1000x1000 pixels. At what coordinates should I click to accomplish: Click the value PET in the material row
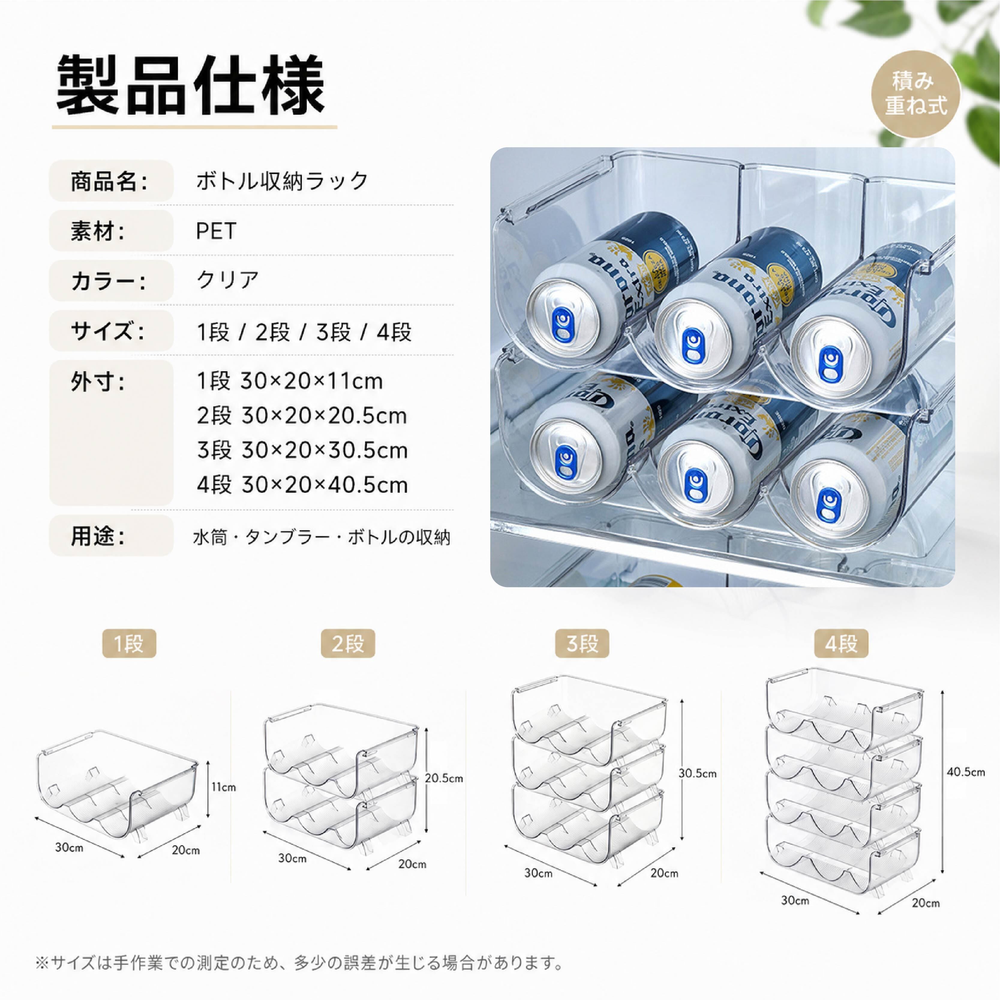[216, 231]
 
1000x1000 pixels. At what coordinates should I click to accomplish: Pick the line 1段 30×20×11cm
[290, 382]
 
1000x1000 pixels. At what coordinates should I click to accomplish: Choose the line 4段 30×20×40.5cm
[302, 485]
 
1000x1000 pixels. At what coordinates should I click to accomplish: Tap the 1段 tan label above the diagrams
[129, 644]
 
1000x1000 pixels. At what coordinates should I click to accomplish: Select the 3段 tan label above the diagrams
[582, 644]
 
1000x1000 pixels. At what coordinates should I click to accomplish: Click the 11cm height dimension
[223, 787]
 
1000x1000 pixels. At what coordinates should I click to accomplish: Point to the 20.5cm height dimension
[444, 778]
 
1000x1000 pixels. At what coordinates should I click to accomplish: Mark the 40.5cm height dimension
[966, 772]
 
